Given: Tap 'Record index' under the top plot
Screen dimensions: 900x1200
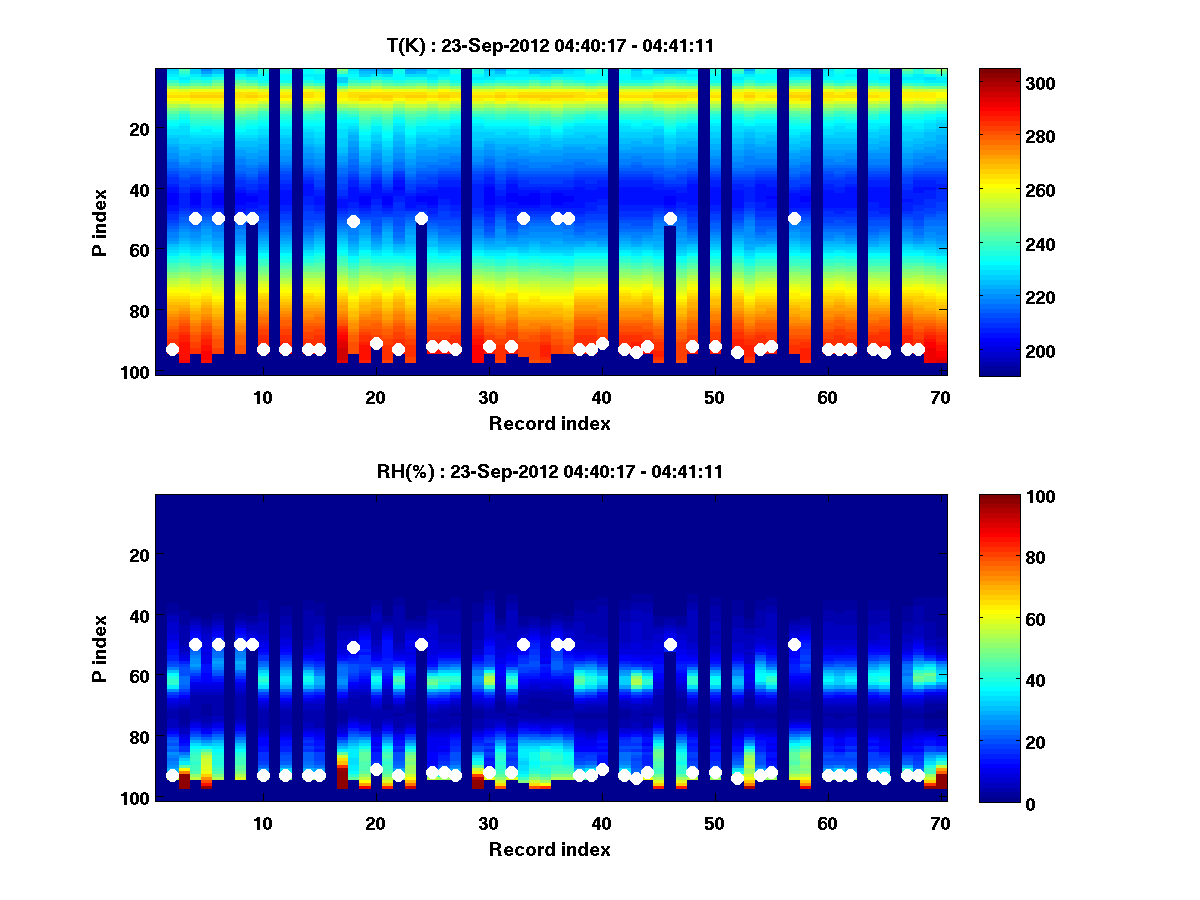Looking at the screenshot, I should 549,423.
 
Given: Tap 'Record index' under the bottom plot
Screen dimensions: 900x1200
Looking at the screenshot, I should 549,849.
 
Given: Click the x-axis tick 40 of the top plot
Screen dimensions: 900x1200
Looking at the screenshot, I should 601,397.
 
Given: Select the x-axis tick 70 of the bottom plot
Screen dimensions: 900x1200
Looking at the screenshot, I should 940,823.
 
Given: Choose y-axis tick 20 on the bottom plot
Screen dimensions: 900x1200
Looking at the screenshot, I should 139,555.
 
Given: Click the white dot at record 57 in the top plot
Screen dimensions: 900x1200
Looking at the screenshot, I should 794,218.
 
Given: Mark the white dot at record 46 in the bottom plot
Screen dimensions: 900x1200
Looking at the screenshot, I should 670,644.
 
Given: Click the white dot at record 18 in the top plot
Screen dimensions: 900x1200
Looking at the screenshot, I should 353,221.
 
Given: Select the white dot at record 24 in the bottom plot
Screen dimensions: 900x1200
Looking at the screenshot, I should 421,644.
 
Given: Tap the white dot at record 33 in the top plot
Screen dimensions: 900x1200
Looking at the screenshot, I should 523,218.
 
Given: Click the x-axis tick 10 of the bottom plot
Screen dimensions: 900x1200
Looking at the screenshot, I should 262,823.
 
